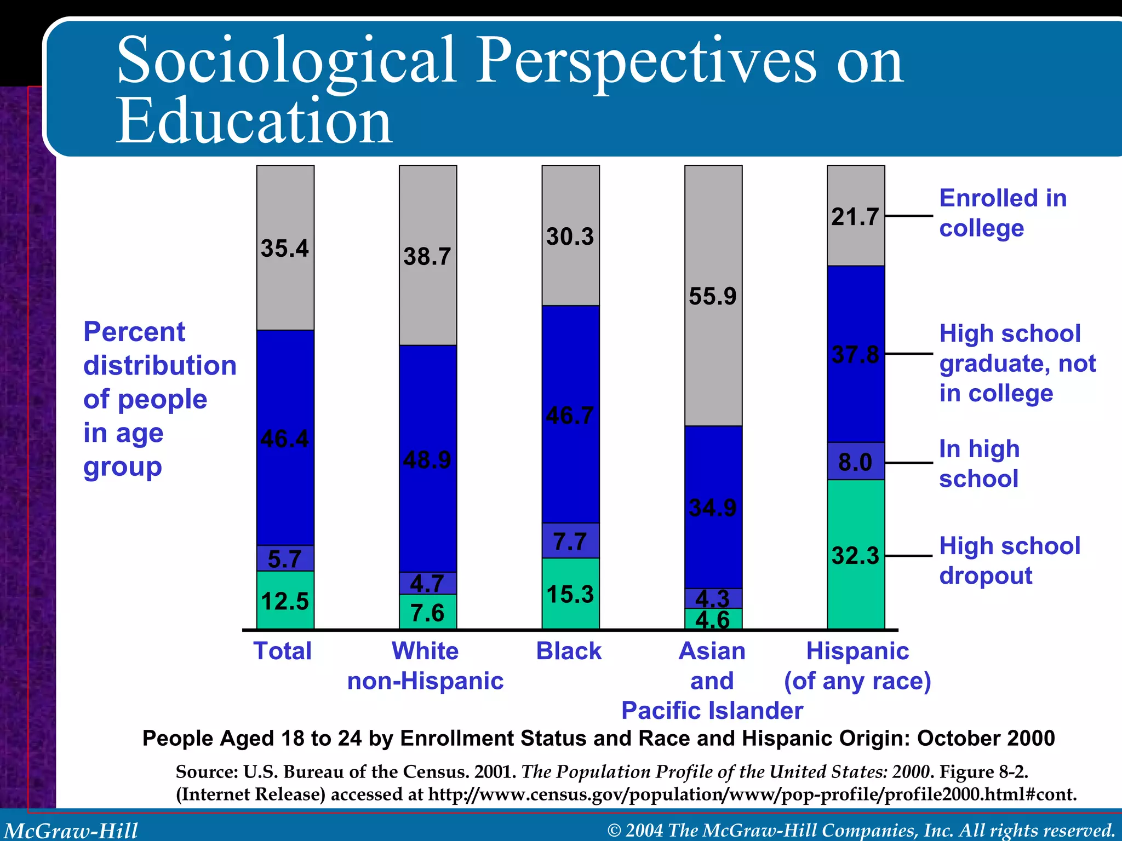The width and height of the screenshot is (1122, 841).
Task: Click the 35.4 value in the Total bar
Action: coord(285,248)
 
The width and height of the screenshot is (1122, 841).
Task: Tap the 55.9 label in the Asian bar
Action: coord(713,296)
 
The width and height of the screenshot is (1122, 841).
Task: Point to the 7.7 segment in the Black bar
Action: coord(570,541)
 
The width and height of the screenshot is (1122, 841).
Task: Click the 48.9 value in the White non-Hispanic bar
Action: coord(427,460)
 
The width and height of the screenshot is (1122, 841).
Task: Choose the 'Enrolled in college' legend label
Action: coord(1003,213)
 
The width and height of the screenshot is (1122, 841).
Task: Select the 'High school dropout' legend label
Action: coord(1009,561)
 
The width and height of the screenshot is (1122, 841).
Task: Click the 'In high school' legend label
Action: coord(979,464)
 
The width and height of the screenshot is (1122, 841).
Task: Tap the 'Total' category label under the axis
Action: coord(282,651)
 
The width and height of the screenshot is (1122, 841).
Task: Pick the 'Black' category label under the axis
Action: coord(569,651)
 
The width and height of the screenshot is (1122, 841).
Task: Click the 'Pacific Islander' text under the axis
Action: coord(712,711)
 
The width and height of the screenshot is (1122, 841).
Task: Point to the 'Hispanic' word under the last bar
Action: coord(857,651)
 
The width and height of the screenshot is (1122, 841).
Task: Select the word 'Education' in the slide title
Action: coord(254,121)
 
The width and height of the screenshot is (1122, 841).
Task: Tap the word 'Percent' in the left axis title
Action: coord(134,332)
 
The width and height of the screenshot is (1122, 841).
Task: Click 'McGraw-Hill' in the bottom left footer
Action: coord(71,830)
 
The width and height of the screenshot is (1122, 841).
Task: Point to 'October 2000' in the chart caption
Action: coord(986,738)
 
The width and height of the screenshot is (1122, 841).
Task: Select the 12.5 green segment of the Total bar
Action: coord(285,601)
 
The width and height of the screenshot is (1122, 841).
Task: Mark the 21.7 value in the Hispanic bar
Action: coord(855,217)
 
